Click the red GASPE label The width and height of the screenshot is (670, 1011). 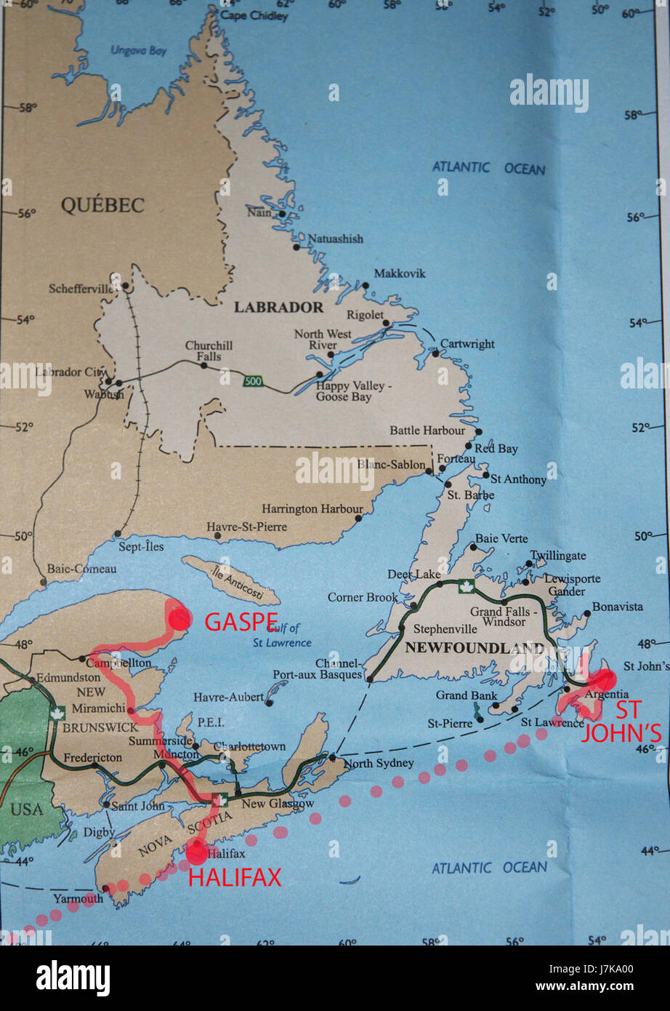[241, 622]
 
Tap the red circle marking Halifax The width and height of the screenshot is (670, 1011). [197, 852]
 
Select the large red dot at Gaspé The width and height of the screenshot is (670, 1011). [179, 618]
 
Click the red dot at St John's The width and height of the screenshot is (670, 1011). [604, 679]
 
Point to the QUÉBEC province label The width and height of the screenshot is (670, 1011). [102, 205]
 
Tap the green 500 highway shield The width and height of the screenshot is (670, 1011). [251, 380]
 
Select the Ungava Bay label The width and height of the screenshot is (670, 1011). [138, 51]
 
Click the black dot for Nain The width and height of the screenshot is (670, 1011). [282, 214]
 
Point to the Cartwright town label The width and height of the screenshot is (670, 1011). [467, 344]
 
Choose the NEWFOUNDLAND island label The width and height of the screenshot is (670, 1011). [475, 647]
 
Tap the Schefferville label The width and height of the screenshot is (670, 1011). [81, 289]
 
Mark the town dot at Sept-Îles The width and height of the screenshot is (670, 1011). [118, 534]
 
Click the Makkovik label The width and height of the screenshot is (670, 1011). [400, 273]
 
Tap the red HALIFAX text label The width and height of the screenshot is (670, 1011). [235, 878]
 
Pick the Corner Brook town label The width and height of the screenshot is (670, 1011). [363, 597]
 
